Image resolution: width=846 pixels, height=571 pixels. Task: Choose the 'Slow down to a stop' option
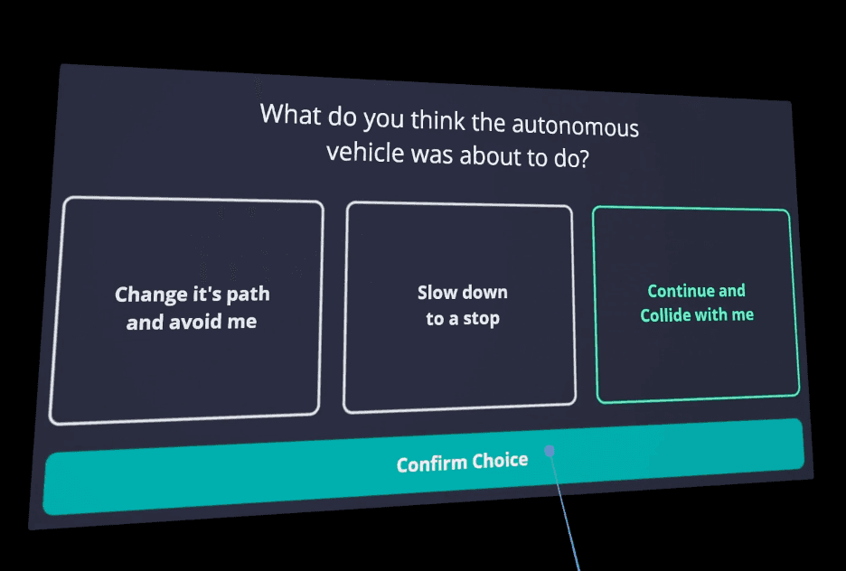click(x=461, y=306)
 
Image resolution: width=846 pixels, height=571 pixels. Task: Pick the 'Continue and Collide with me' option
click(x=696, y=304)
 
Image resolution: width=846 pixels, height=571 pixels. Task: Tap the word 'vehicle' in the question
click(x=365, y=151)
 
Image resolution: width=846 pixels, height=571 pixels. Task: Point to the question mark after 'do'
click(x=583, y=158)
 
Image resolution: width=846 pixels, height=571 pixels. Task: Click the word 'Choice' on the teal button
click(x=498, y=461)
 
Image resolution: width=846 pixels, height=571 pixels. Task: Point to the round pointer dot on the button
click(x=549, y=451)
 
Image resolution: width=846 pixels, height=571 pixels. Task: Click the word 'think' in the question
click(x=436, y=120)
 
